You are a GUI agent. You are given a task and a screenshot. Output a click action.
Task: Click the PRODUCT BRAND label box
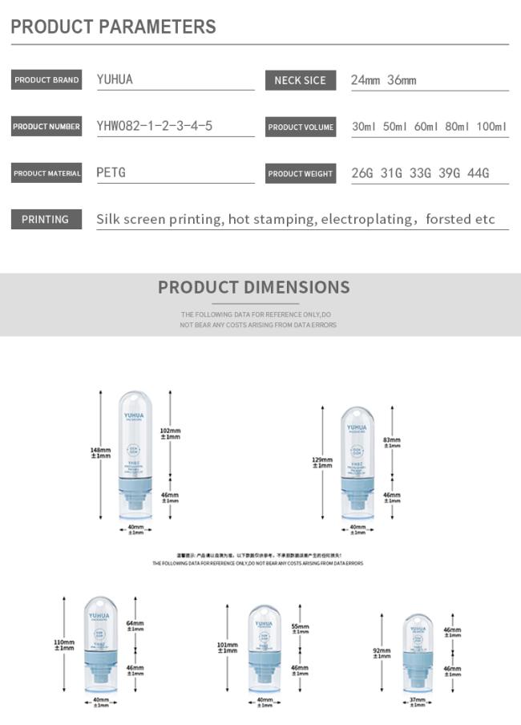(x=46, y=80)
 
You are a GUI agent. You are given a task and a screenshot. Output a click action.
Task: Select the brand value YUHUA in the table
(x=115, y=80)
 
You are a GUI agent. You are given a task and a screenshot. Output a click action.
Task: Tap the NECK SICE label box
(x=300, y=80)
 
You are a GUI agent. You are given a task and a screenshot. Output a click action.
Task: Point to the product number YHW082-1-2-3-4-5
(x=155, y=126)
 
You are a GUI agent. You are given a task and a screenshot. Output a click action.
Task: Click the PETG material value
(x=111, y=172)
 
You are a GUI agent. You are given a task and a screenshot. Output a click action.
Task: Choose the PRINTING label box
(x=46, y=219)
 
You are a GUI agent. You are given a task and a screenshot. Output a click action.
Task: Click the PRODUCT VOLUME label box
(x=301, y=127)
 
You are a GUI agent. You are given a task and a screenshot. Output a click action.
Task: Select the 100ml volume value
(x=491, y=127)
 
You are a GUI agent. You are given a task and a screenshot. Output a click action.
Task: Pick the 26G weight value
(x=364, y=173)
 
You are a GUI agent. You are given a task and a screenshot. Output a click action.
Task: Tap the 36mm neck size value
(x=402, y=80)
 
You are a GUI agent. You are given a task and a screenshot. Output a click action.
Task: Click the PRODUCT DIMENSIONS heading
(x=253, y=288)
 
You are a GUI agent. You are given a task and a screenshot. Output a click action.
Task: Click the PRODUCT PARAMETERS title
(x=113, y=26)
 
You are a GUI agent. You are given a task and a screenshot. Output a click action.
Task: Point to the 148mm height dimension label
(x=100, y=453)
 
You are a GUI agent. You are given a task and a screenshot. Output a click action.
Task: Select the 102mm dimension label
(x=171, y=433)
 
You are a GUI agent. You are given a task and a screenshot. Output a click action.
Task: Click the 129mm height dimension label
(x=321, y=462)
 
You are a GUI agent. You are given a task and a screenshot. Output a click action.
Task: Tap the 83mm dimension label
(x=392, y=442)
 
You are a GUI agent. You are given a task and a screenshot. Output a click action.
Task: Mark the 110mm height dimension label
(x=64, y=644)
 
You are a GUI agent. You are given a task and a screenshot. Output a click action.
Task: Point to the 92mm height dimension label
(x=382, y=653)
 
